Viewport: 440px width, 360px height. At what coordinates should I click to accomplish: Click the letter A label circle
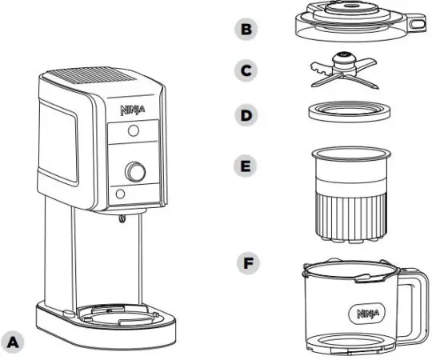14,340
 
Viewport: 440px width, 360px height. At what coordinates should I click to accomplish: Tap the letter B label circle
246,30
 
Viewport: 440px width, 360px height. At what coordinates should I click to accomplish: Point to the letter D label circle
246,114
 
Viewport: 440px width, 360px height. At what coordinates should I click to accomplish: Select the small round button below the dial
119,194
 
